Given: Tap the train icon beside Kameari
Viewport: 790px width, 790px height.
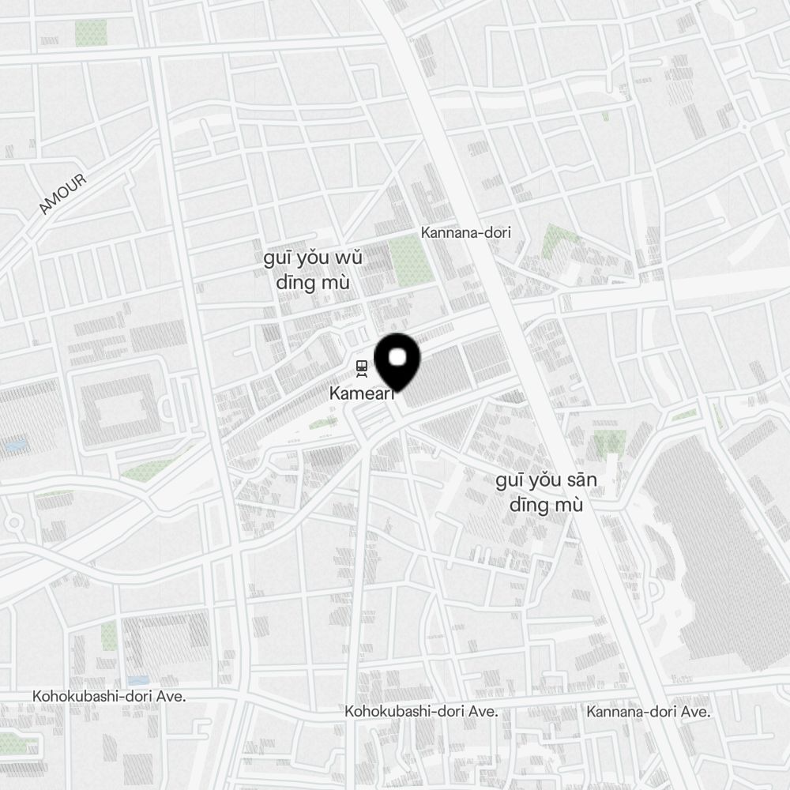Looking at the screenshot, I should pos(362,368).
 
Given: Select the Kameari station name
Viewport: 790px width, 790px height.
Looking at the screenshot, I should pos(361,393).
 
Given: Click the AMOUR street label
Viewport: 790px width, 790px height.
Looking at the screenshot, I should pos(63,194).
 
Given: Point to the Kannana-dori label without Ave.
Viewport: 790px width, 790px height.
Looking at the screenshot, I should pos(466,232).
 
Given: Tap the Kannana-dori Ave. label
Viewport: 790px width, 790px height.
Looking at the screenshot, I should pos(648,712).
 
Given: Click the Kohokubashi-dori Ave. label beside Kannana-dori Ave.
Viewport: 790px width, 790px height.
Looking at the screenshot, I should pos(421,711).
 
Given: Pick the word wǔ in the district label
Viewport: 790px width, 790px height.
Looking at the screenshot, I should pos(347,260).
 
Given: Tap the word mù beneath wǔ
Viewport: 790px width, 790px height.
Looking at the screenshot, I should pos(335,283).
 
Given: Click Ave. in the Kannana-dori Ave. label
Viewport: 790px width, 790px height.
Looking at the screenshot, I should pos(694,712).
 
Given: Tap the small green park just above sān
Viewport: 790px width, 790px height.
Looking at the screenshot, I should pos(609,442).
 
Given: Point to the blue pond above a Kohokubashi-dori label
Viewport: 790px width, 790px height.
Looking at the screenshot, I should pos(137,680).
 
